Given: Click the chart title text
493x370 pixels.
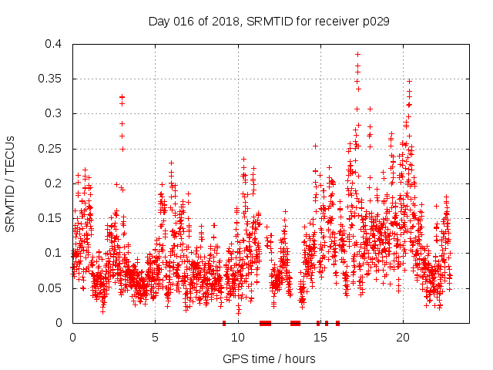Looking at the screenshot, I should (x=269, y=22).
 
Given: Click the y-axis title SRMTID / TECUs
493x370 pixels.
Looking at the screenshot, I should (x=10, y=183).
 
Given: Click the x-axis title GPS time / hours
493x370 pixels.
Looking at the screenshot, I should (x=269, y=358).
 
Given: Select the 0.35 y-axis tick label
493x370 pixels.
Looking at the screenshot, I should (x=52, y=79).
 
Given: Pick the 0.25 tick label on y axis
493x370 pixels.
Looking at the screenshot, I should (x=52, y=149).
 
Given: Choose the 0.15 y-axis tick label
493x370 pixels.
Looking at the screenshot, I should (x=52, y=218).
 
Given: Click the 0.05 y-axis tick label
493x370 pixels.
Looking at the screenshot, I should (x=52, y=288).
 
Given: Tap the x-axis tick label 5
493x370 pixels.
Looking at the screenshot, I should (x=155, y=338).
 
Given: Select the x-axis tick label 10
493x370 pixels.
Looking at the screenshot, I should (x=238, y=338).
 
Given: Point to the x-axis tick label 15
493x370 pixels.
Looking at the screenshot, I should (x=320, y=338).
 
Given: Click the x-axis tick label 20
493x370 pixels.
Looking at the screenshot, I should (x=403, y=338).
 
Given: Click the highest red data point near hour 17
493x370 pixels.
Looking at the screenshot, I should (x=357, y=54).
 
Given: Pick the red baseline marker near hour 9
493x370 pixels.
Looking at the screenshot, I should (x=224, y=323).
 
